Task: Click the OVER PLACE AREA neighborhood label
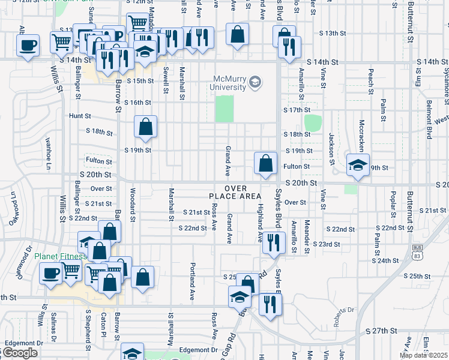[235, 192]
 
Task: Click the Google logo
[20, 353]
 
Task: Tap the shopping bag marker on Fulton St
[265, 163]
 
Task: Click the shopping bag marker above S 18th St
[145, 127]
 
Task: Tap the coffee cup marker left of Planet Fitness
[50, 274]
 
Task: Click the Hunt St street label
[79, 116]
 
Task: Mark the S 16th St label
[137, 103]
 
